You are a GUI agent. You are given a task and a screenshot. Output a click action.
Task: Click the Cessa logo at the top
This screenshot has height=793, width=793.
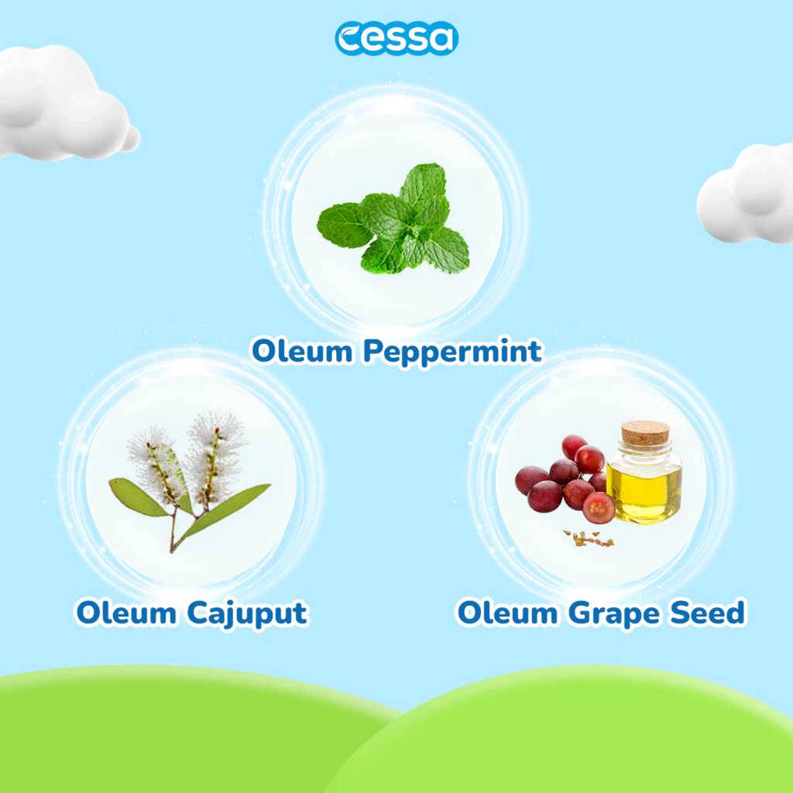(396, 38)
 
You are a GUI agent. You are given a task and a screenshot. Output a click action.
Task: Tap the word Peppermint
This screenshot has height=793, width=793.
(452, 352)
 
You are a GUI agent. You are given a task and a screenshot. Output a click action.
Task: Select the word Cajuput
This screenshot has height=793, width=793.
(247, 614)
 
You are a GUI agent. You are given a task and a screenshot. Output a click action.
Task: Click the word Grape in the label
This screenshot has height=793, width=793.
(614, 614)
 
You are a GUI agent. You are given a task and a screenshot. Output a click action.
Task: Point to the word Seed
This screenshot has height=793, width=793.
(708, 613)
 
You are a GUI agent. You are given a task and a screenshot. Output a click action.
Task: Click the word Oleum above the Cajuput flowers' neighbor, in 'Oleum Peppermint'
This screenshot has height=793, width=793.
(303, 351)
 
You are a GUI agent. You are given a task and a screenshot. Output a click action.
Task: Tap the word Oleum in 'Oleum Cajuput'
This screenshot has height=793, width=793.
(126, 613)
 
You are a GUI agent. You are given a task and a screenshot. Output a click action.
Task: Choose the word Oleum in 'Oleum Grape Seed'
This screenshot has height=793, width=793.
(508, 613)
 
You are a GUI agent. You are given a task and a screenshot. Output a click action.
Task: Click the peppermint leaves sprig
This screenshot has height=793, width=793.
(393, 219)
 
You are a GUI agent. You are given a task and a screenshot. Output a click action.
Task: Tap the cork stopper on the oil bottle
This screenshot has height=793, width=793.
(645, 433)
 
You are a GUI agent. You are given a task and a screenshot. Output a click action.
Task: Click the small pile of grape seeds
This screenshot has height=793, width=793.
(589, 539)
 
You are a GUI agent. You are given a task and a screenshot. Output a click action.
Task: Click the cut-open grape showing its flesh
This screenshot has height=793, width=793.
(599, 508)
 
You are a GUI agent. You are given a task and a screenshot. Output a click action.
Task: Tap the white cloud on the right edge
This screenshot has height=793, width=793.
(747, 194)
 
